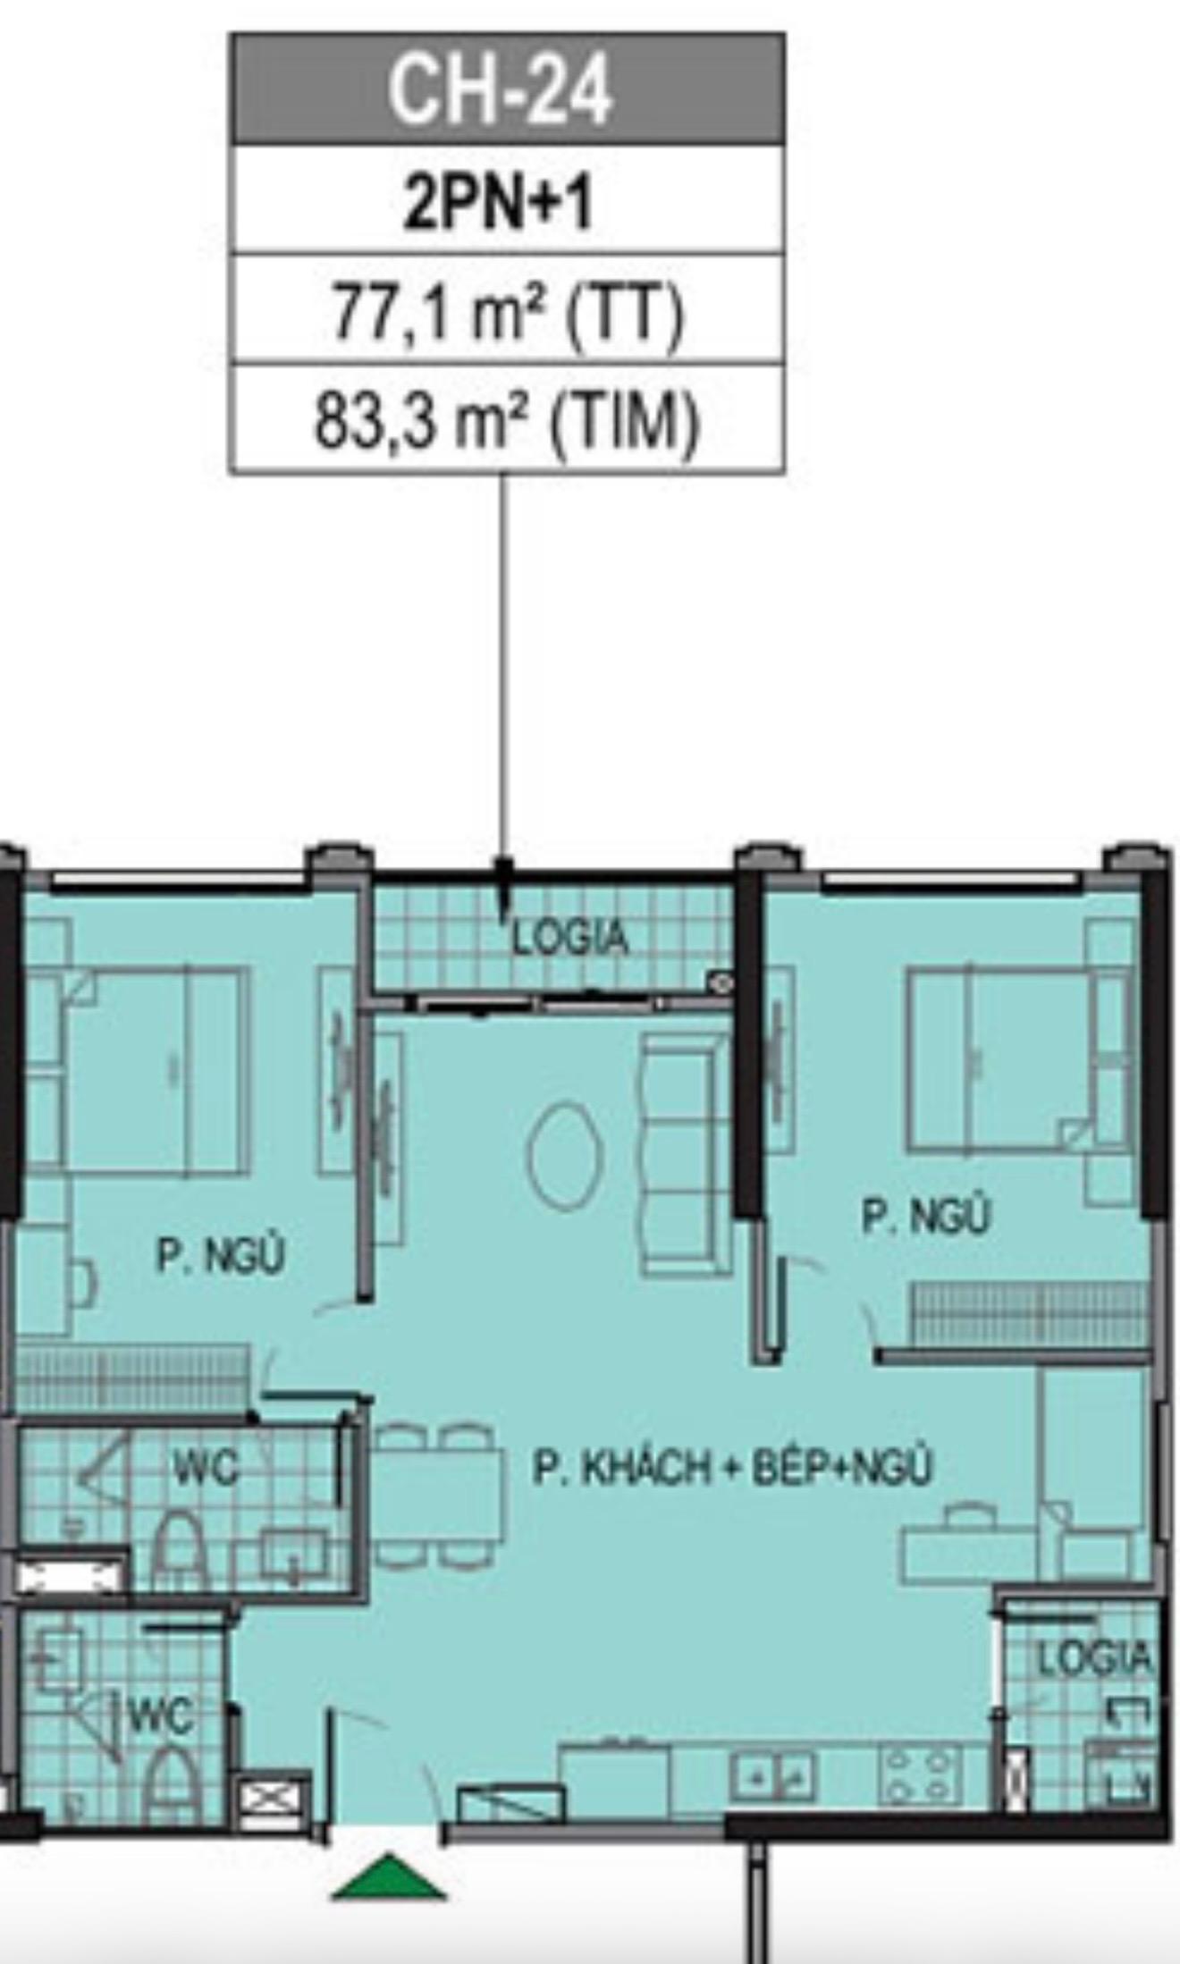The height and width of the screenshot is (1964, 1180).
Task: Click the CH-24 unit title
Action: (x=501, y=89)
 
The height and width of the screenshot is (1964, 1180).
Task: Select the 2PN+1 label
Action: (x=498, y=202)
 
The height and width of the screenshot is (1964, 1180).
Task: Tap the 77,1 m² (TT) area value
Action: (x=508, y=313)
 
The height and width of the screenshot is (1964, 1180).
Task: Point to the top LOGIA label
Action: (x=571, y=938)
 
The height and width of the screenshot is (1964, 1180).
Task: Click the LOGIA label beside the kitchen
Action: (x=1094, y=1658)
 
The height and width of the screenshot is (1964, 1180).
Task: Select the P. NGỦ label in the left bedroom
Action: (x=221, y=1255)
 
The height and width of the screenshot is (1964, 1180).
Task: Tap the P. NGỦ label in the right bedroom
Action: (x=926, y=1216)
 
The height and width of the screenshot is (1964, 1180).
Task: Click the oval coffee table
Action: (x=565, y=1156)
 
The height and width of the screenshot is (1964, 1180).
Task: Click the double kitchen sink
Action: (x=772, y=1775)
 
